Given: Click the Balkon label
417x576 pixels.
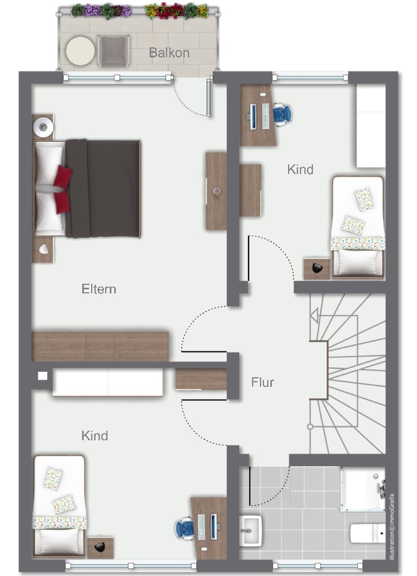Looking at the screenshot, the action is pyautogui.click(x=169, y=53).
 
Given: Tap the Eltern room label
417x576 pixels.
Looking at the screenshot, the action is pyautogui.click(x=98, y=289).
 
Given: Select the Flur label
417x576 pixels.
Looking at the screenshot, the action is pyautogui.click(x=262, y=382).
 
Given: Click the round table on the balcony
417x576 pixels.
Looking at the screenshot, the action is pyautogui.click(x=80, y=51).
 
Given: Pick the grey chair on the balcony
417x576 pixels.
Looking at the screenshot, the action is pyautogui.click(x=114, y=51).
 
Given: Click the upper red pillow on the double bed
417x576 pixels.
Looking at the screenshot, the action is pyautogui.click(x=62, y=176).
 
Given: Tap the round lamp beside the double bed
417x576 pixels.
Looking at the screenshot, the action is pyautogui.click(x=43, y=127).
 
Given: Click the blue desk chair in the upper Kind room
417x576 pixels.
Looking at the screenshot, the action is pyautogui.click(x=282, y=114).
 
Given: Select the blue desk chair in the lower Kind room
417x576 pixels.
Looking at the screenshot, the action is pyautogui.click(x=185, y=529).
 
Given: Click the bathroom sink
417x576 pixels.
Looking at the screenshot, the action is pyautogui.click(x=251, y=530).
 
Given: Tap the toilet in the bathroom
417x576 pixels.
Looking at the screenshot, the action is pyautogui.click(x=367, y=533).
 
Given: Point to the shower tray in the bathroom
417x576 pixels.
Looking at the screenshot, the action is pyautogui.click(x=362, y=489).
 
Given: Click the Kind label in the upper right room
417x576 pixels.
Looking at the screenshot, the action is pyautogui.click(x=301, y=169).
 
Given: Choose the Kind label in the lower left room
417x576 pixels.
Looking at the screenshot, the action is pyautogui.click(x=95, y=436).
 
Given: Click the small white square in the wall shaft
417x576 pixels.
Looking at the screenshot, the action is pyautogui.click(x=43, y=376).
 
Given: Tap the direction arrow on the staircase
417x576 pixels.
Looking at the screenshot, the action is pyautogui.click(x=314, y=315).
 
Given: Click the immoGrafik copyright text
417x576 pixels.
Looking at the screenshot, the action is pyautogui.click(x=392, y=526).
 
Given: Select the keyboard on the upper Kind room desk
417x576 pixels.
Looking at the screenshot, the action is pyautogui.click(x=266, y=116).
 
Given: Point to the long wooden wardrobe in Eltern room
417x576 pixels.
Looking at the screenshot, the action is pyautogui.click(x=100, y=346).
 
